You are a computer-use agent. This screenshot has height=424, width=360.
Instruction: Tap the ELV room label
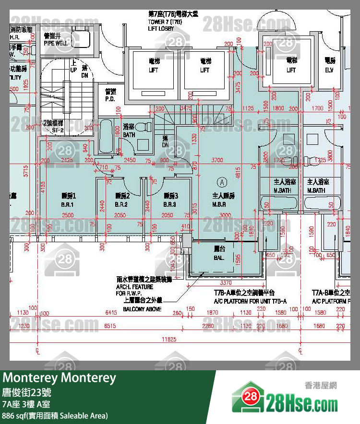[x=329, y=70]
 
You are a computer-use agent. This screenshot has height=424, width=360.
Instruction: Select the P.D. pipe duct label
[x=110, y=99]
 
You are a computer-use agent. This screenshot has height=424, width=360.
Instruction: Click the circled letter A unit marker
[x=222, y=182]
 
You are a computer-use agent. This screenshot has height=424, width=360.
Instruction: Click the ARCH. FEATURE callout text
[x=134, y=287]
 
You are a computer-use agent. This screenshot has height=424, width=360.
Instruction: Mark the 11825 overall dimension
[x=168, y=340]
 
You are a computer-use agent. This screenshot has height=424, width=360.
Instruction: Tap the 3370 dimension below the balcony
[x=226, y=283]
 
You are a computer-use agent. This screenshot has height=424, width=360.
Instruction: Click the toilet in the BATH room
[x=143, y=129]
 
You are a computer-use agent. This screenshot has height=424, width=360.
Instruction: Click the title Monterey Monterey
[x=60, y=378]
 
